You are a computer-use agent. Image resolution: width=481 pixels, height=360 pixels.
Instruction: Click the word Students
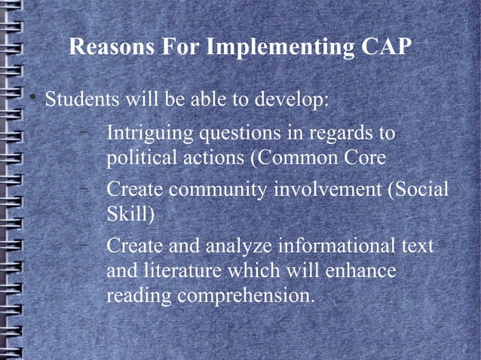(81, 99)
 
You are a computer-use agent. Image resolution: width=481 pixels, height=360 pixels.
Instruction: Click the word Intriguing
(149, 135)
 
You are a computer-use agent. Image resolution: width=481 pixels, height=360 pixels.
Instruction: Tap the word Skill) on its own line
(130, 215)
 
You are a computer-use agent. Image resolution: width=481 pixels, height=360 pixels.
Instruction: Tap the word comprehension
(245, 296)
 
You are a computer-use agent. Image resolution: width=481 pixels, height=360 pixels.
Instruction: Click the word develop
(293, 100)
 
